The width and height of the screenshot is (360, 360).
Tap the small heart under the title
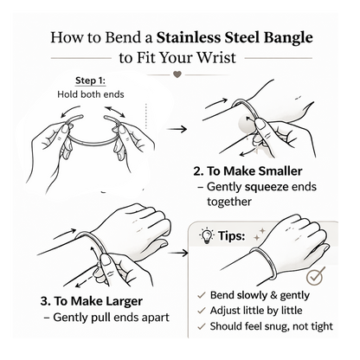[x=177, y=74]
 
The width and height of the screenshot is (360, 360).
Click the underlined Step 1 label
[x=91, y=80]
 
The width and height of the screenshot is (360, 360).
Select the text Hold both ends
[x=91, y=94]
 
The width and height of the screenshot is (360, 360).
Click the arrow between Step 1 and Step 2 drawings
[x=177, y=129]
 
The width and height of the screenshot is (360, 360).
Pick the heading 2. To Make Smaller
[x=247, y=171]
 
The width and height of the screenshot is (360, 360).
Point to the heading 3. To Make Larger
[x=92, y=301]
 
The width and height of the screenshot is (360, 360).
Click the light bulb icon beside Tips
[x=207, y=236]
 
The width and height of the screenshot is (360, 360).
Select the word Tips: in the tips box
[x=231, y=235]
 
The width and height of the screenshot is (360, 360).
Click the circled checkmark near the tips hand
[x=315, y=276]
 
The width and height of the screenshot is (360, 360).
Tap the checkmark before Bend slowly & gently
[x=201, y=295]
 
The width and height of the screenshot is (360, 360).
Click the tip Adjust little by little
[x=256, y=311]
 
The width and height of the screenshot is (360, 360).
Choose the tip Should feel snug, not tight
[x=271, y=326]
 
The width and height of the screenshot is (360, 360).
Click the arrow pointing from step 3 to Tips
[x=178, y=253]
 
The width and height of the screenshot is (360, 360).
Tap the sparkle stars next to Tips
[x=259, y=235]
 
